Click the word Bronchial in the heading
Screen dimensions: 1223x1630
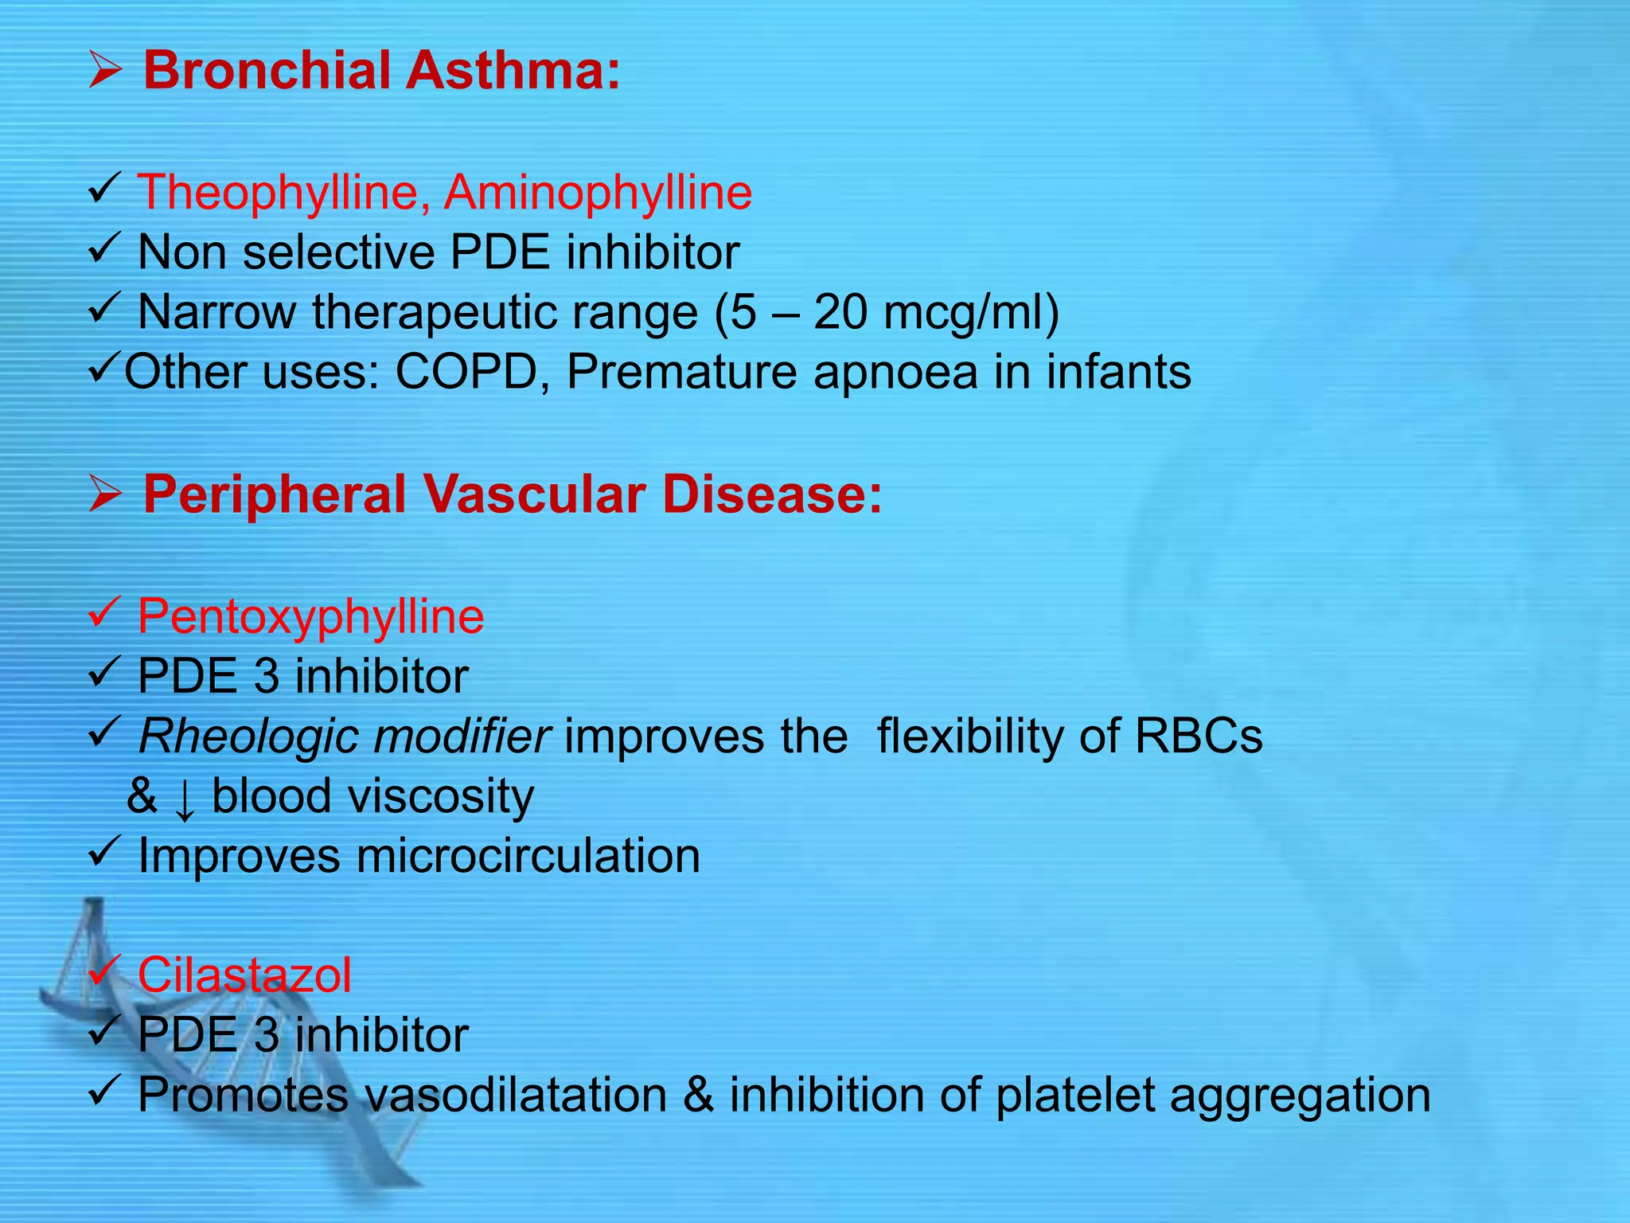point(267,70)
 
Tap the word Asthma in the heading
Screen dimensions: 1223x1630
point(513,70)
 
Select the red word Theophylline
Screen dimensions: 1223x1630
point(279,193)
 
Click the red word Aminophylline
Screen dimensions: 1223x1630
point(598,193)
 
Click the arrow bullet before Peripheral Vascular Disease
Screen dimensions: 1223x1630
point(105,495)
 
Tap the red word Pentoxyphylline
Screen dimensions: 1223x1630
point(310,617)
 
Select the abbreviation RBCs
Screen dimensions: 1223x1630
point(1198,736)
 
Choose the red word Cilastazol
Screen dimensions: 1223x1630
point(244,975)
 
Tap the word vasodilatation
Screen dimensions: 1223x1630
point(515,1095)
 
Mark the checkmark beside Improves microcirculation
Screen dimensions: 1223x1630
point(104,853)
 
